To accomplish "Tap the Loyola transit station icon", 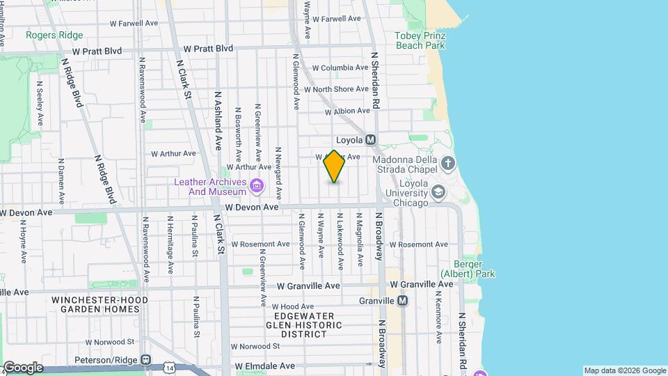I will pos(370,139).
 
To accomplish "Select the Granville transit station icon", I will pos(402,301).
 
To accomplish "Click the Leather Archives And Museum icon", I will pos(256,186).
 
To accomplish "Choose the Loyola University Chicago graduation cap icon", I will pos(438,191).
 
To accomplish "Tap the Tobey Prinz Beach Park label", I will pos(420,40).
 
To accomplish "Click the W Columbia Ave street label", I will pos(340,68).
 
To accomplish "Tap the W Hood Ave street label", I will pos(294,306).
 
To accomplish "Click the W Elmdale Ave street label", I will pos(265,366).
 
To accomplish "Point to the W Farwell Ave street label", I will pos(134,23).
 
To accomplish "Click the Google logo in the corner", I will pos(23,368).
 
